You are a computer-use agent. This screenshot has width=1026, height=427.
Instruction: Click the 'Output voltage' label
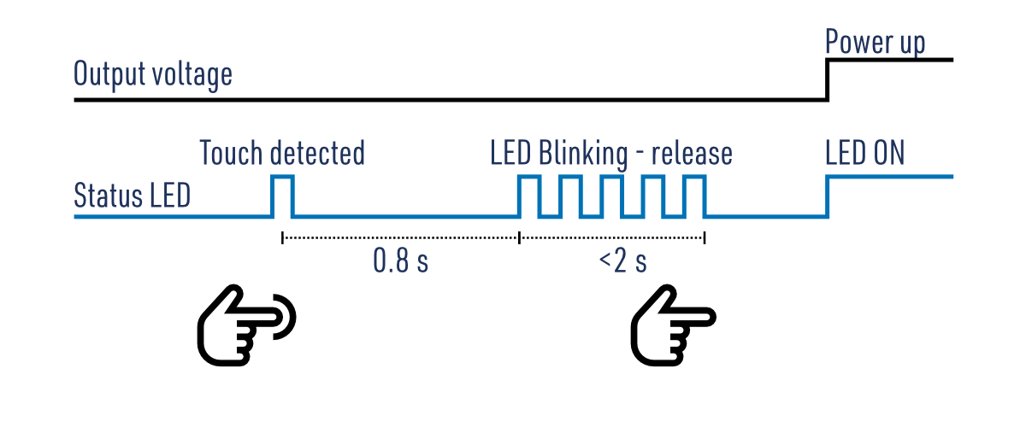[x=153, y=75]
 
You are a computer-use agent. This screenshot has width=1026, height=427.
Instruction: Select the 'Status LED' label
[x=132, y=196]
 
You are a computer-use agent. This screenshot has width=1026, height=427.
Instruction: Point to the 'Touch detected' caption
[x=282, y=154]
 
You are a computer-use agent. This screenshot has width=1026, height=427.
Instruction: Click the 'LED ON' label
[x=865, y=154]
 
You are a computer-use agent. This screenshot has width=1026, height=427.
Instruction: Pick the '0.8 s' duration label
[x=400, y=261]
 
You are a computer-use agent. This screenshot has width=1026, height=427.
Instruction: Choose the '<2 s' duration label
[x=622, y=261]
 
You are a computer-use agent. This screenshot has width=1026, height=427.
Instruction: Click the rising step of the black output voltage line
[x=828, y=79]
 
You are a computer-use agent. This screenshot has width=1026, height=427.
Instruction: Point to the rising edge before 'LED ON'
[x=828, y=196]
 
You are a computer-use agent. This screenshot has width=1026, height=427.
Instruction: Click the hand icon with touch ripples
[x=246, y=326]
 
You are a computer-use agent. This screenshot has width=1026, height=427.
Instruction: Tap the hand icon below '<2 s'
[x=671, y=326]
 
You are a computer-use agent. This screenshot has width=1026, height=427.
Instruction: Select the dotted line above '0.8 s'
[x=400, y=237]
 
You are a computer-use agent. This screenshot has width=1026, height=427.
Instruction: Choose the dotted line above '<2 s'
[x=611, y=237]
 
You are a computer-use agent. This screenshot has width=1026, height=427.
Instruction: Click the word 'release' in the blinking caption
[x=692, y=154]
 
